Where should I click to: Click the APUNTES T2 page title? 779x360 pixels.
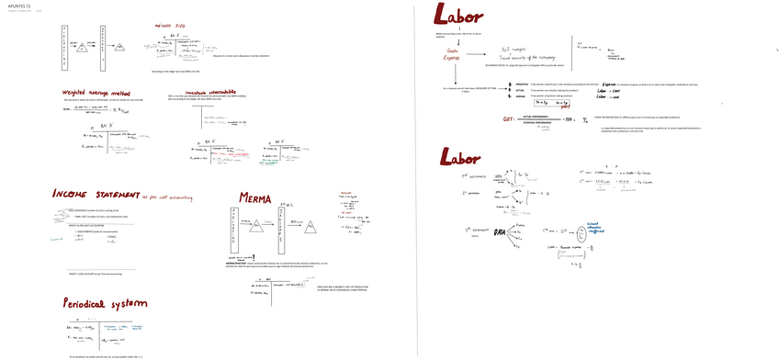[19, 5]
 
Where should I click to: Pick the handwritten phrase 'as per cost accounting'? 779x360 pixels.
[169, 196]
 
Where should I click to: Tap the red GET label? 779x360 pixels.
[508, 118]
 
